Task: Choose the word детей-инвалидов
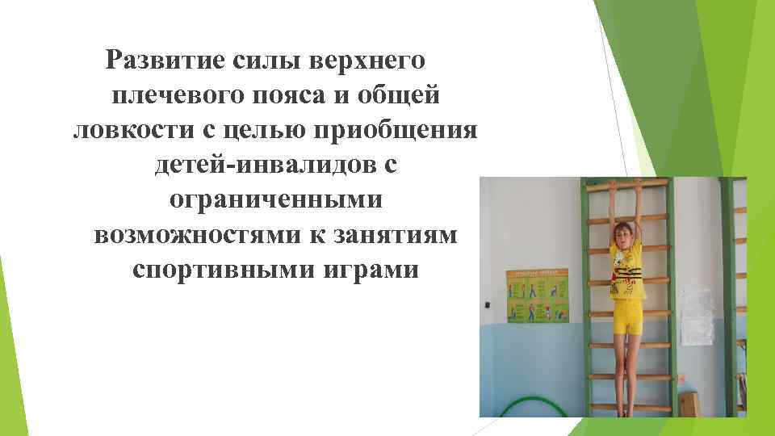(x=258, y=165)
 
